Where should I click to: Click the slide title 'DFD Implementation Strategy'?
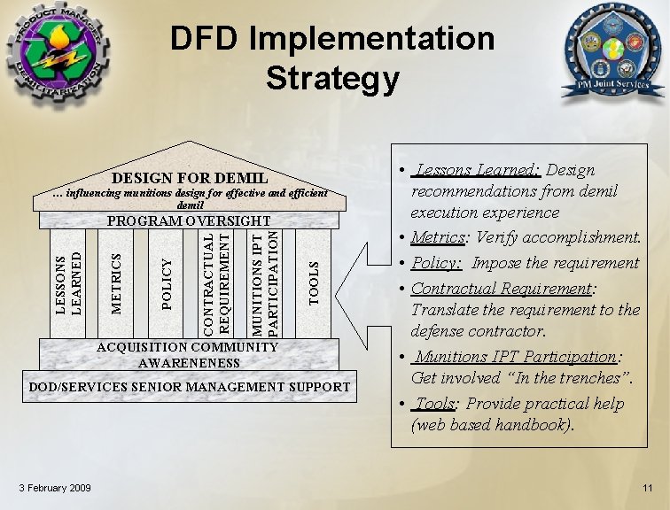pyautogui.click(x=332, y=58)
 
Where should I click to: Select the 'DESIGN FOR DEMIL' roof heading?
pyautogui.click(x=190, y=178)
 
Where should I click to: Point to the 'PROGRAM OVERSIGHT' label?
pyautogui.click(x=189, y=220)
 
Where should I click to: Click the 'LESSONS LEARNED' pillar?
pyautogui.click(x=68, y=282)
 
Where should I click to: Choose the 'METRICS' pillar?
pyautogui.click(x=116, y=282)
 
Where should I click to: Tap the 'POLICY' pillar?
pyautogui.click(x=167, y=282)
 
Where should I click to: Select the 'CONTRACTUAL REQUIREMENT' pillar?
pyautogui.click(x=216, y=282)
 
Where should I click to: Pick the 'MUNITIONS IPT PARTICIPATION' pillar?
pyautogui.click(x=266, y=282)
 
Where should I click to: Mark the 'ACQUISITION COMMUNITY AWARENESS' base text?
pyautogui.click(x=189, y=355)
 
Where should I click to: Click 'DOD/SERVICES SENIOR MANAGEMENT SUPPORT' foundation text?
pyautogui.click(x=190, y=387)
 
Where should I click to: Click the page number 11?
pyautogui.click(x=648, y=489)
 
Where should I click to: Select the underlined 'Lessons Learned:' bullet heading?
pyautogui.click(x=479, y=170)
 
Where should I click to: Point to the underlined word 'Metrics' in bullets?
pyautogui.click(x=439, y=237)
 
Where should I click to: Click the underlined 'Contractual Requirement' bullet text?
pyautogui.click(x=501, y=289)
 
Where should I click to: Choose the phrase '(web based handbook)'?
pyautogui.click(x=492, y=425)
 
